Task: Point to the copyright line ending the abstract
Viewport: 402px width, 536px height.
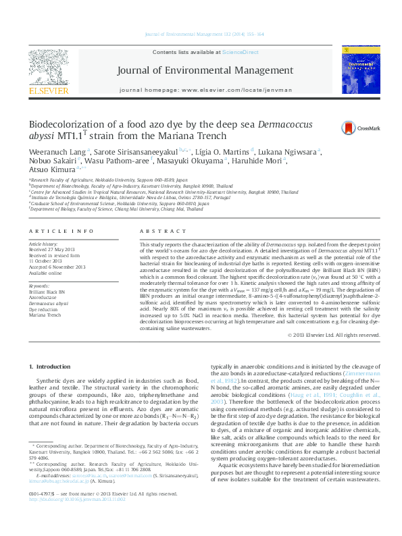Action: pyautogui.click(x=331, y=334)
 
